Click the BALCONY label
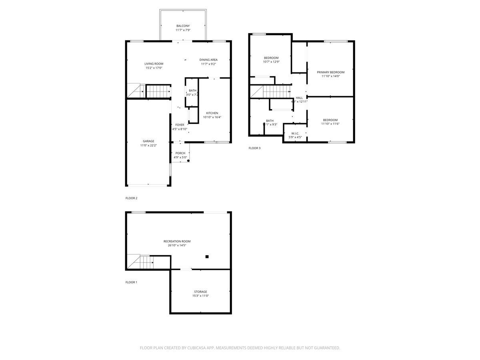183,26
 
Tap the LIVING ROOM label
154,64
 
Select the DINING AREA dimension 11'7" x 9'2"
208,64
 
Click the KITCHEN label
212,113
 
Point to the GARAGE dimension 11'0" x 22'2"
148,146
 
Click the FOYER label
180,125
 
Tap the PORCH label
180,153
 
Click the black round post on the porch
188,161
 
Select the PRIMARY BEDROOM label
330,72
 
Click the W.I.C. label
295,133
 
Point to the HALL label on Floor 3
299,98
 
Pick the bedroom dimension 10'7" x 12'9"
271,62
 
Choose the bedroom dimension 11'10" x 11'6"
330,124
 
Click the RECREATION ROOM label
177,241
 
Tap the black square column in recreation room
207,257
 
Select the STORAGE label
200,292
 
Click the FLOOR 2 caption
131,198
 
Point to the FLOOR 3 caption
254,148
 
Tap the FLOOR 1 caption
131,282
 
